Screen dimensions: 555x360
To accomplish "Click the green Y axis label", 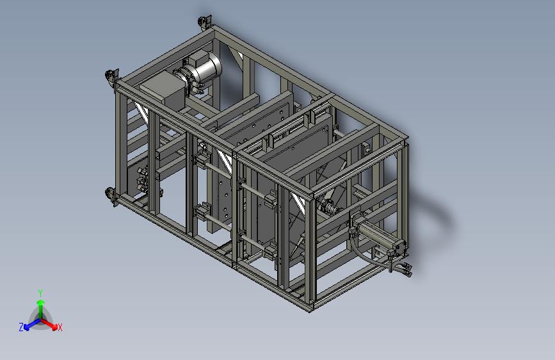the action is click(x=40, y=293).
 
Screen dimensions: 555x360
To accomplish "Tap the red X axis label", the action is click(x=60, y=327).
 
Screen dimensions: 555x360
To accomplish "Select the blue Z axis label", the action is click(x=21, y=327).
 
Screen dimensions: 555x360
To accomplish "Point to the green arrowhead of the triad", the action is click(x=41, y=302).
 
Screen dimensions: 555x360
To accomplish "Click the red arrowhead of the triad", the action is click(x=54, y=326).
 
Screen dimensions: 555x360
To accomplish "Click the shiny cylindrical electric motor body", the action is click(x=205, y=69).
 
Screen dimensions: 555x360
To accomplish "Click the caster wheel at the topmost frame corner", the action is click(x=204, y=22).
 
